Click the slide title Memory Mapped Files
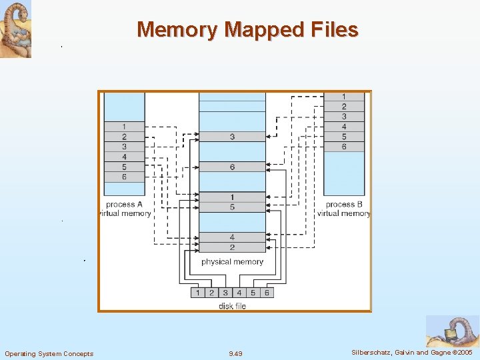[x=247, y=30]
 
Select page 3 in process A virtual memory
[x=124, y=147]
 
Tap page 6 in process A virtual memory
[x=124, y=177]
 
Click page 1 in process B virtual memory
[x=343, y=97]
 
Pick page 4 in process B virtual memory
[x=343, y=127]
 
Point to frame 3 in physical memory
[x=232, y=137]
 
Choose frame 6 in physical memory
[x=232, y=167]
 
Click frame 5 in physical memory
[x=232, y=207]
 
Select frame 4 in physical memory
[x=232, y=237]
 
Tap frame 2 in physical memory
[x=232, y=247]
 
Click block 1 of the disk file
[x=198, y=293]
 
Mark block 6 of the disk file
[x=267, y=293]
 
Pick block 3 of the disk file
[x=225, y=293]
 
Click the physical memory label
[x=232, y=262]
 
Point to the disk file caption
[x=232, y=306]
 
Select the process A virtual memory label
[x=125, y=209]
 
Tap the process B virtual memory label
[x=344, y=209]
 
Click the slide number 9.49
[x=235, y=353]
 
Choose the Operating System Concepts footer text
[x=49, y=353]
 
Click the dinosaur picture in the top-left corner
[x=16, y=29]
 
